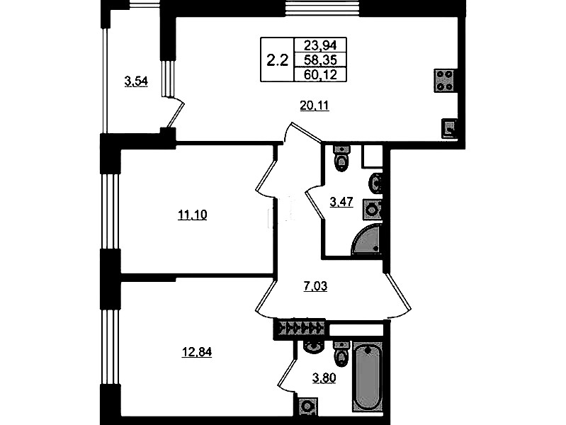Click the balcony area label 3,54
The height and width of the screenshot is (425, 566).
tap(136, 82)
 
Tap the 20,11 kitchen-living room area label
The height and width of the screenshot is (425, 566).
tap(315, 106)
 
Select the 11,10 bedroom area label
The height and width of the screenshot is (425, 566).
tap(193, 215)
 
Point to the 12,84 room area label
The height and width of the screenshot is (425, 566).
tap(196, 352)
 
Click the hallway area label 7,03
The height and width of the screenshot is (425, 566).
tap(315, 287)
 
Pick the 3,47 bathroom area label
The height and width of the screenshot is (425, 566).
tap(341, 202)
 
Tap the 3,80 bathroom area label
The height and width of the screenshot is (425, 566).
tap(324, 378)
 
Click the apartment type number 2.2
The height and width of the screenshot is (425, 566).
tap(277, 60)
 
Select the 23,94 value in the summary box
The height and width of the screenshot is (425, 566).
tap(320, 45)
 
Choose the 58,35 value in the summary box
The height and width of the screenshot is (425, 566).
tap(320, 59)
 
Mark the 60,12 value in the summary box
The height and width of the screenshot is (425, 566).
tap(320, 75)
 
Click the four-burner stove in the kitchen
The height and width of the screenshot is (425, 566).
tap(445, 81)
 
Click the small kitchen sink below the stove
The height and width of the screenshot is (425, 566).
tap(449, 128)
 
